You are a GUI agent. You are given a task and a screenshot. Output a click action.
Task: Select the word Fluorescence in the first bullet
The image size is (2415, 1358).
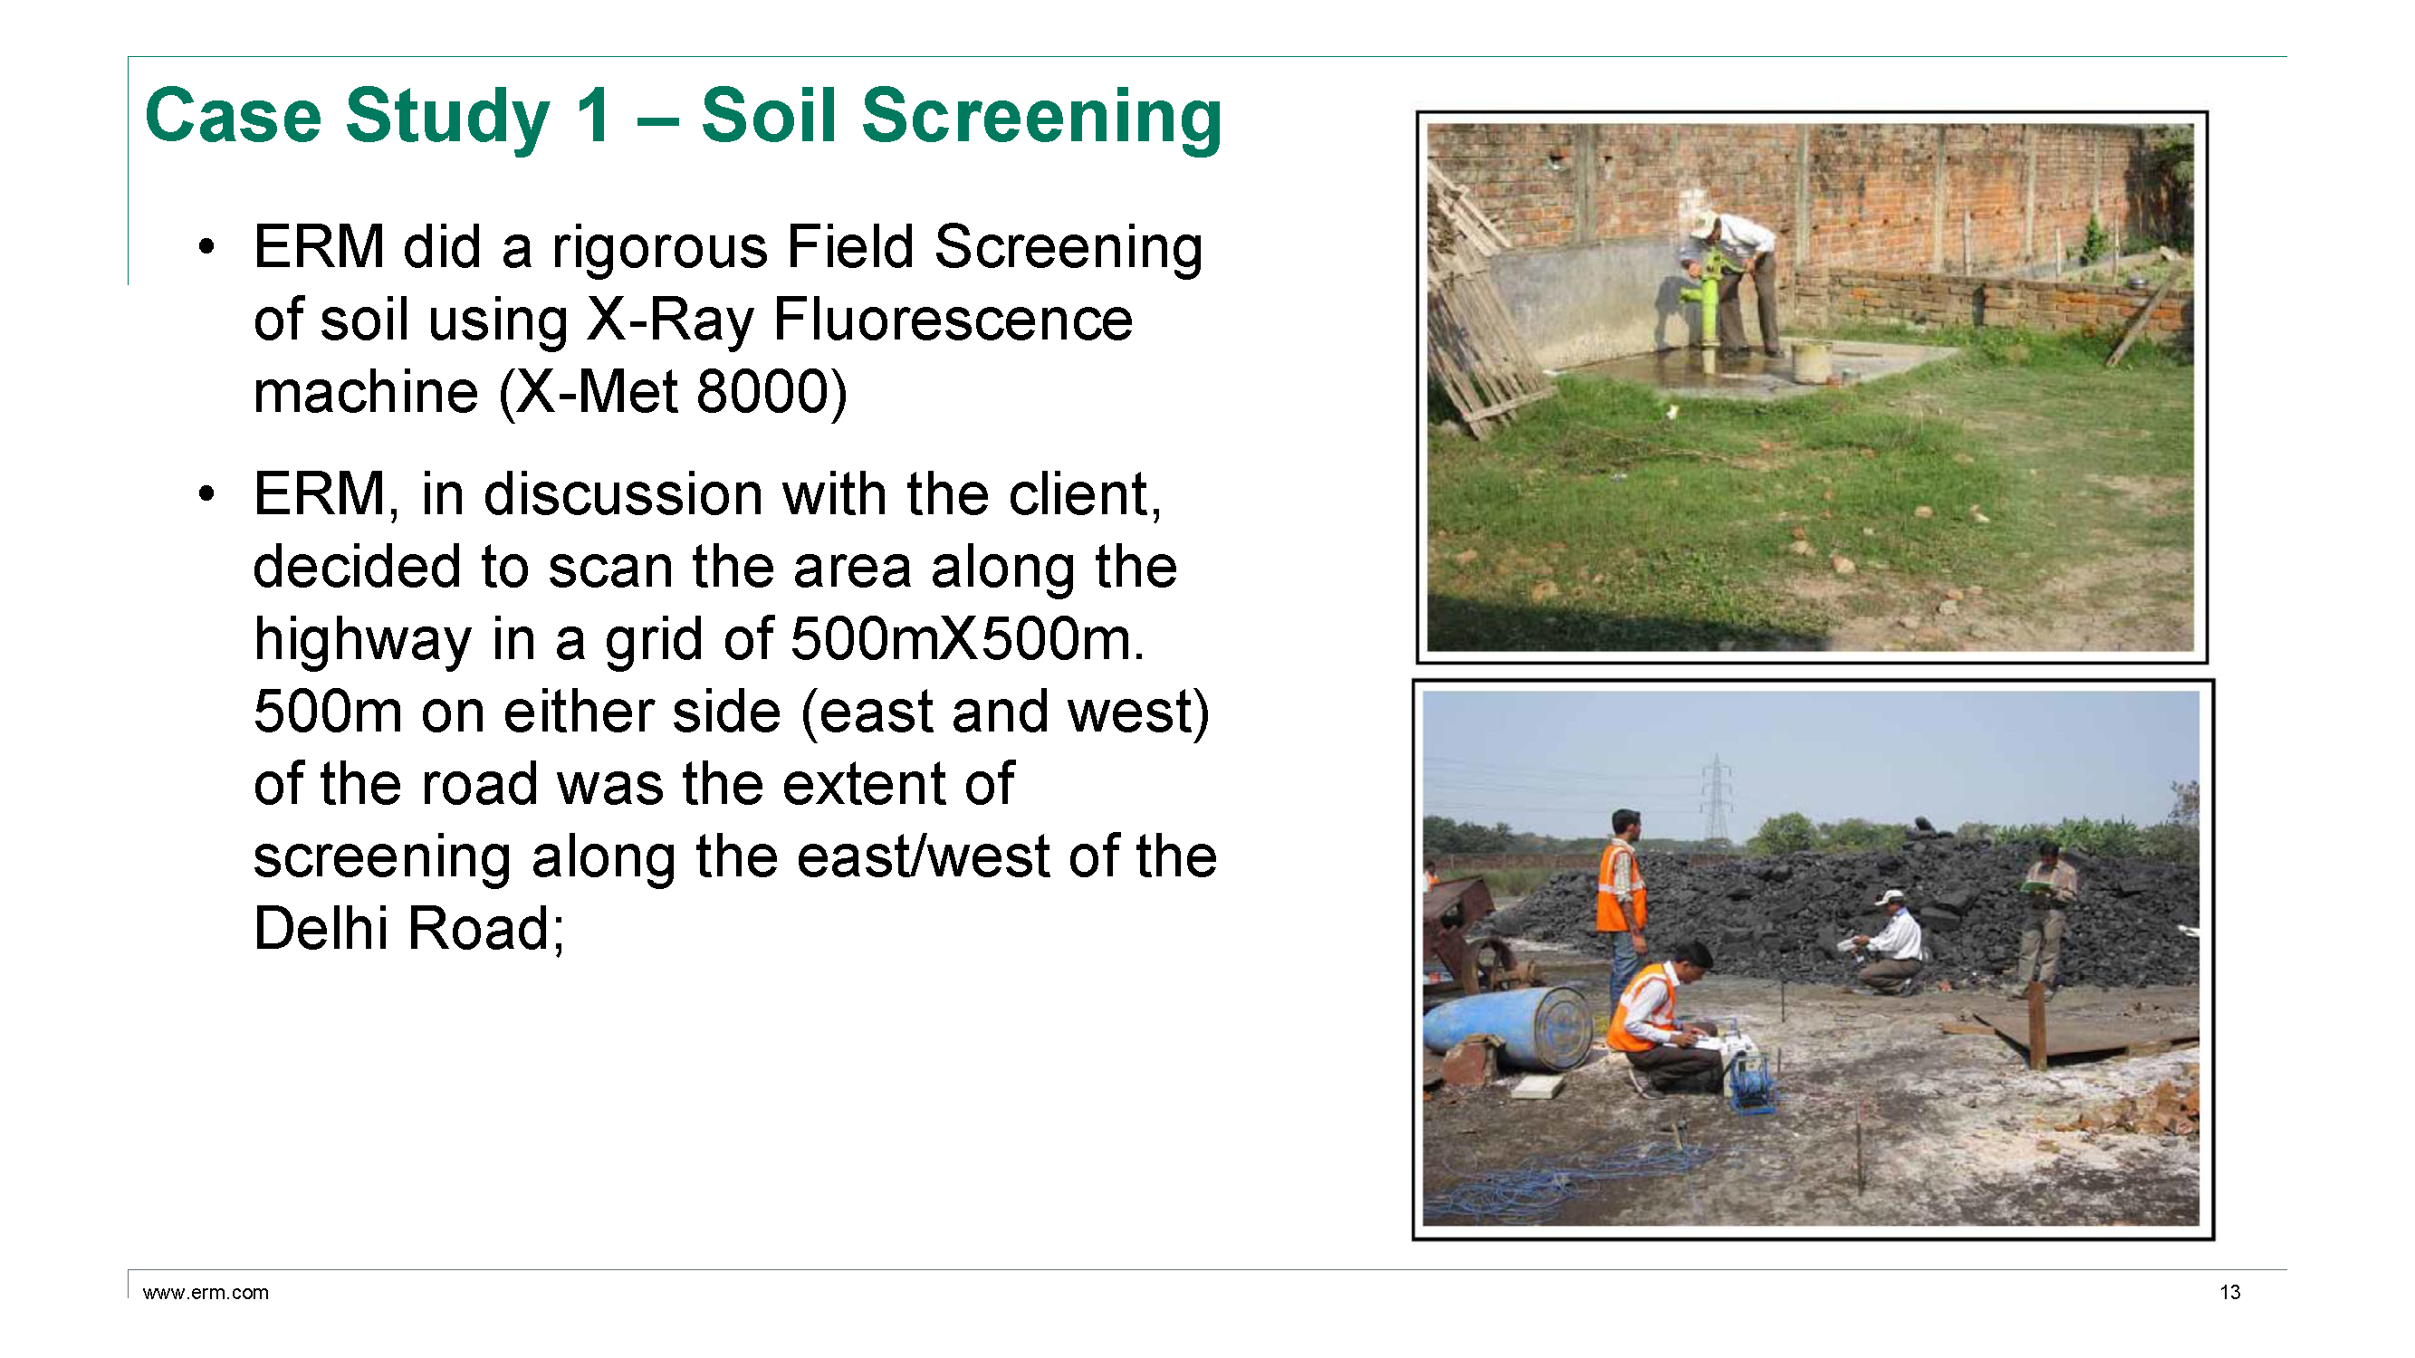coord(952,320)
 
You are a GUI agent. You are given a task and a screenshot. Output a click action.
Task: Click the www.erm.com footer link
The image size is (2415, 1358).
coord(206,1293)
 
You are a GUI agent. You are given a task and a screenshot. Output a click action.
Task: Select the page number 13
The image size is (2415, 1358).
coord(2229,1293)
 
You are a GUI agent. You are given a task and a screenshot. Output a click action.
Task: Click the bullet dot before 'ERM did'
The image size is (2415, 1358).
coord(206,247)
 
